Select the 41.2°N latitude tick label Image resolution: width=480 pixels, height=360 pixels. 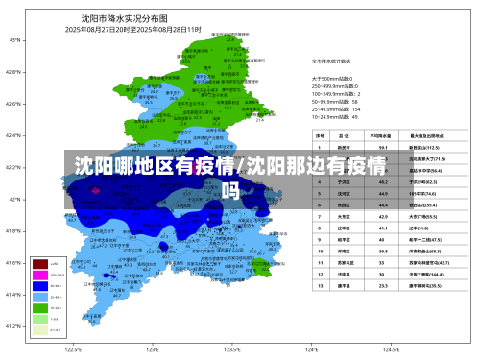point(15,327)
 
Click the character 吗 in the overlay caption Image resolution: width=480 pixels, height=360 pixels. point(229,189)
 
